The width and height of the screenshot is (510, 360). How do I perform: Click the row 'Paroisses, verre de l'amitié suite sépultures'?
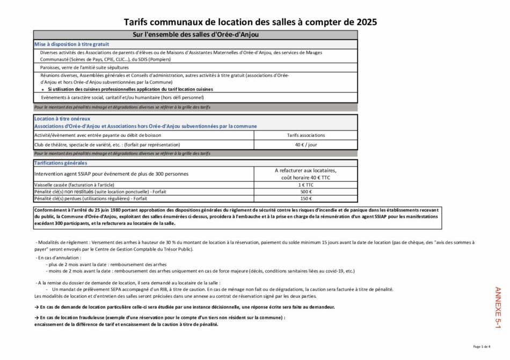coord(84,68)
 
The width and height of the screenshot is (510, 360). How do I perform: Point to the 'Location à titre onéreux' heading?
coord(62,118)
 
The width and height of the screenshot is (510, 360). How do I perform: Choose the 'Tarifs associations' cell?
coord(306,135)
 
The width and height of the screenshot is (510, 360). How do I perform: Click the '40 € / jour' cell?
coord(306,144)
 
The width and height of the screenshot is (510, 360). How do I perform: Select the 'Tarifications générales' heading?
coord(60,163)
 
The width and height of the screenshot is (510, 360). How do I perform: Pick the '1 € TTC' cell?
coord(306,184)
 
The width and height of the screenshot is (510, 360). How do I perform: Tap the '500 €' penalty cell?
coord(306,191)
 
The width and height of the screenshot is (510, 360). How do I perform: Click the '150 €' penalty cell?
coord(306,198)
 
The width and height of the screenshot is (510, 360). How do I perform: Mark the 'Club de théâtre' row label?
coord(107,144)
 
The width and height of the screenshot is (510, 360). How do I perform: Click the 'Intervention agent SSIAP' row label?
coord(111,174)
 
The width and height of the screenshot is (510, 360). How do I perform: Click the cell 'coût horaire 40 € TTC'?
coord(305,177)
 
